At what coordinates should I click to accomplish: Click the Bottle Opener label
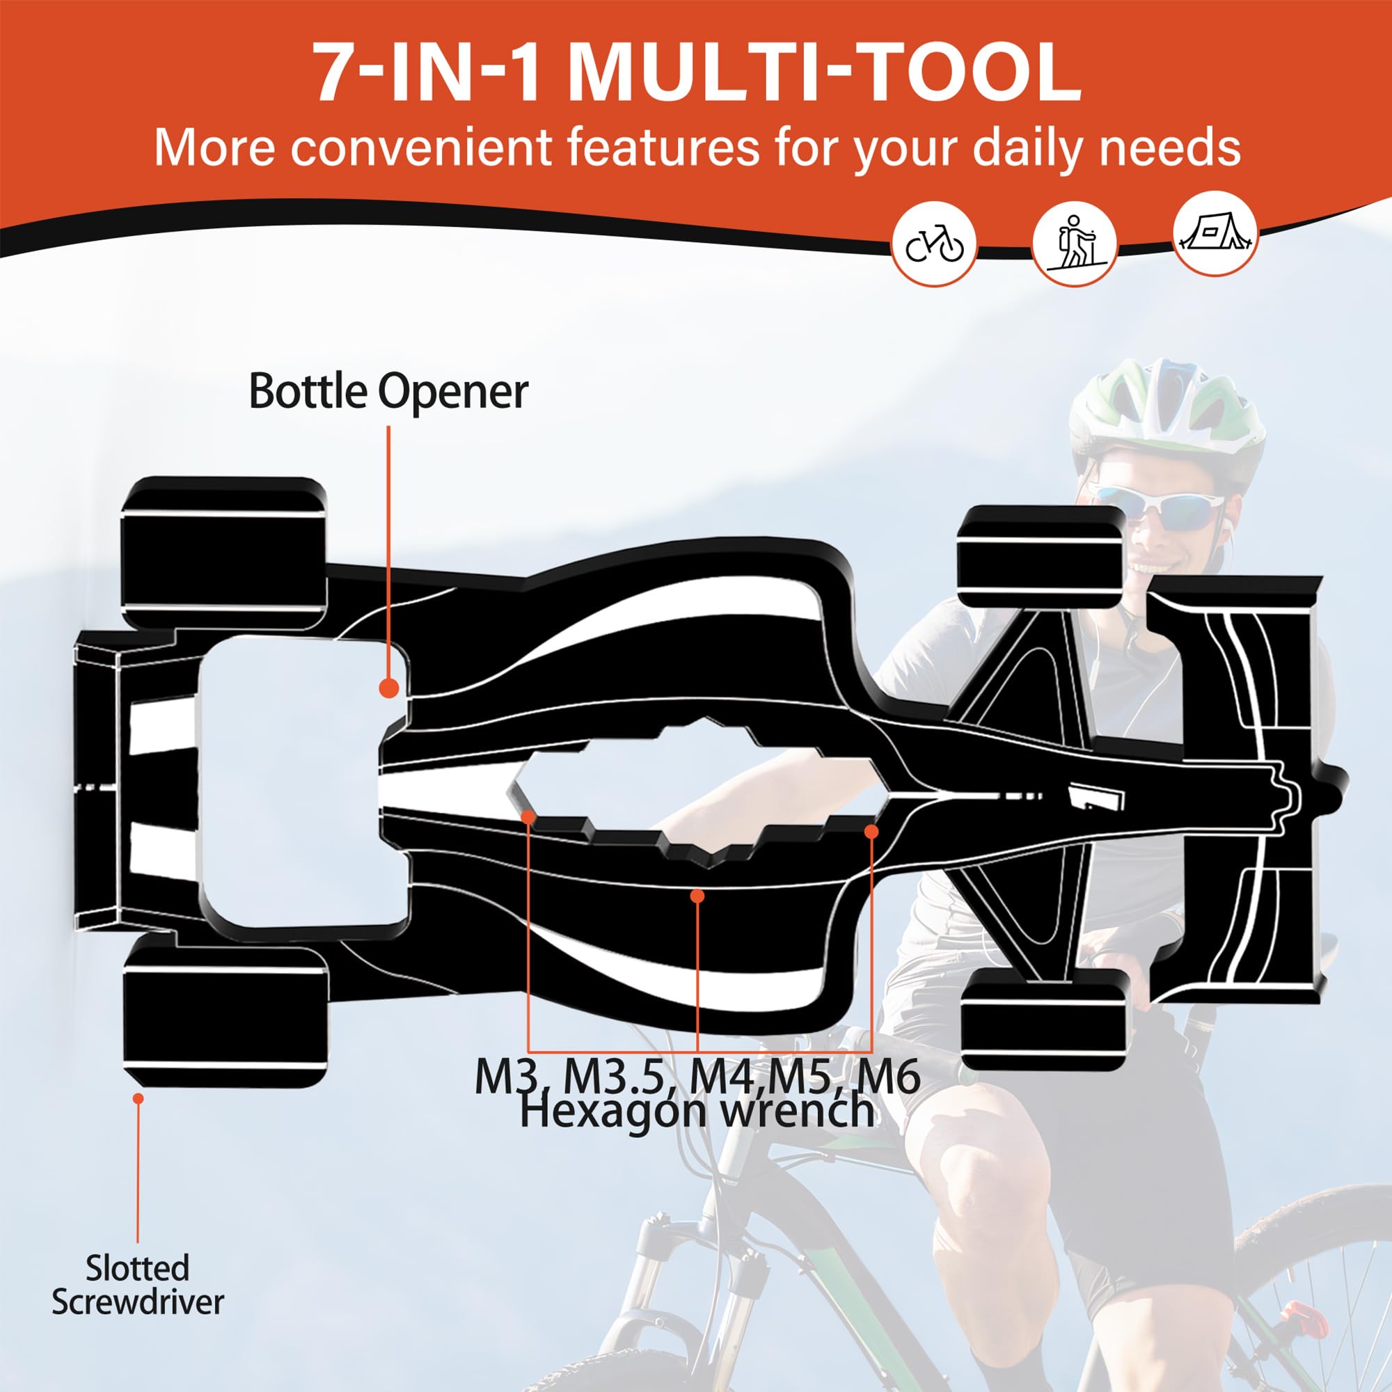tap(388, 393)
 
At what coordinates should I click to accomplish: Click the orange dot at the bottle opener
tap(389, 688)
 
